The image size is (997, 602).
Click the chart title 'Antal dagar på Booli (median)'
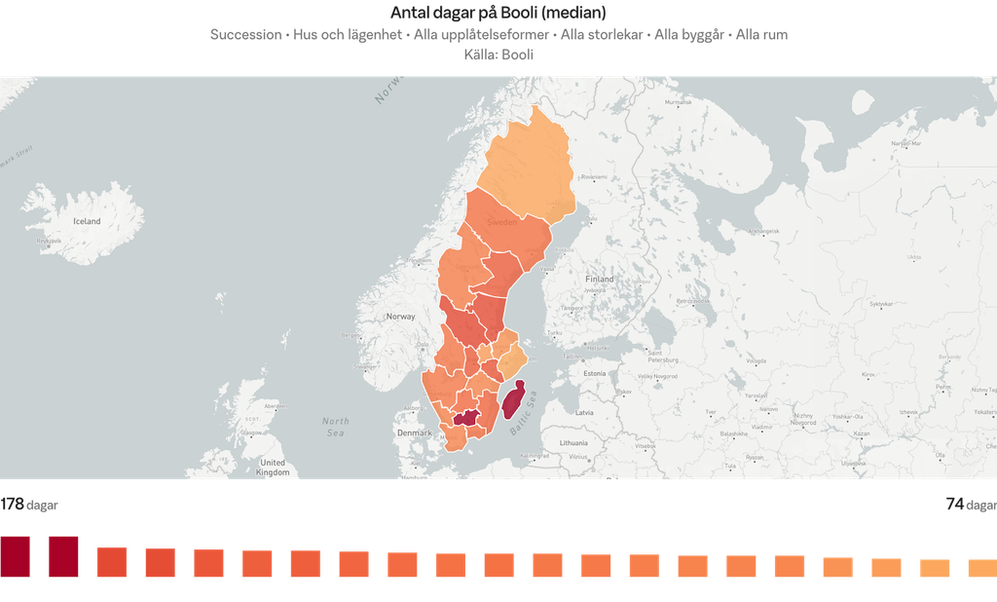[498, 13]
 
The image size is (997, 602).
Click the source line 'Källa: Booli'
[498, 56]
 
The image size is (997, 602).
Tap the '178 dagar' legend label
[29, 505]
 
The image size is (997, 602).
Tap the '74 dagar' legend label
[971, 505]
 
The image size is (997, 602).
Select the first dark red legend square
[16, 556]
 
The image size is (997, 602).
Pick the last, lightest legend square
[981, 567]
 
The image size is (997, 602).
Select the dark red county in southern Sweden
[467, 418]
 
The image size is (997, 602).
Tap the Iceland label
[87, 221]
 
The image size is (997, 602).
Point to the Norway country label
[400, 317]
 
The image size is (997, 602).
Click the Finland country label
[600, 280]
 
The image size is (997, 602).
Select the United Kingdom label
[273, 468]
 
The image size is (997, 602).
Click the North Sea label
[336, 426]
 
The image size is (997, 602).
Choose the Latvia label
[584, 413]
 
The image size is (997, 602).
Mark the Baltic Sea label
[528, 429]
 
